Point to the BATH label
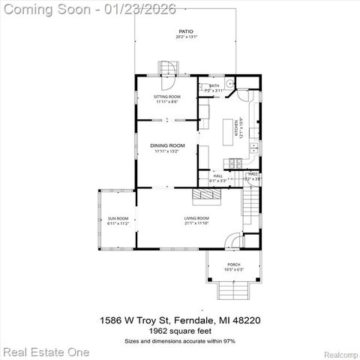coord(214,86)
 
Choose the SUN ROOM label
coord(118,220)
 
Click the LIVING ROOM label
coord(196,219)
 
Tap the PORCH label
coord(234,265)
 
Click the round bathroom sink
coord(230,82)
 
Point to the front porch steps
coord(233,290)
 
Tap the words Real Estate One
coord(46,351)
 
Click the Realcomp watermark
coord(340,352)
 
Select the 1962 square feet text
coord(180,330)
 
